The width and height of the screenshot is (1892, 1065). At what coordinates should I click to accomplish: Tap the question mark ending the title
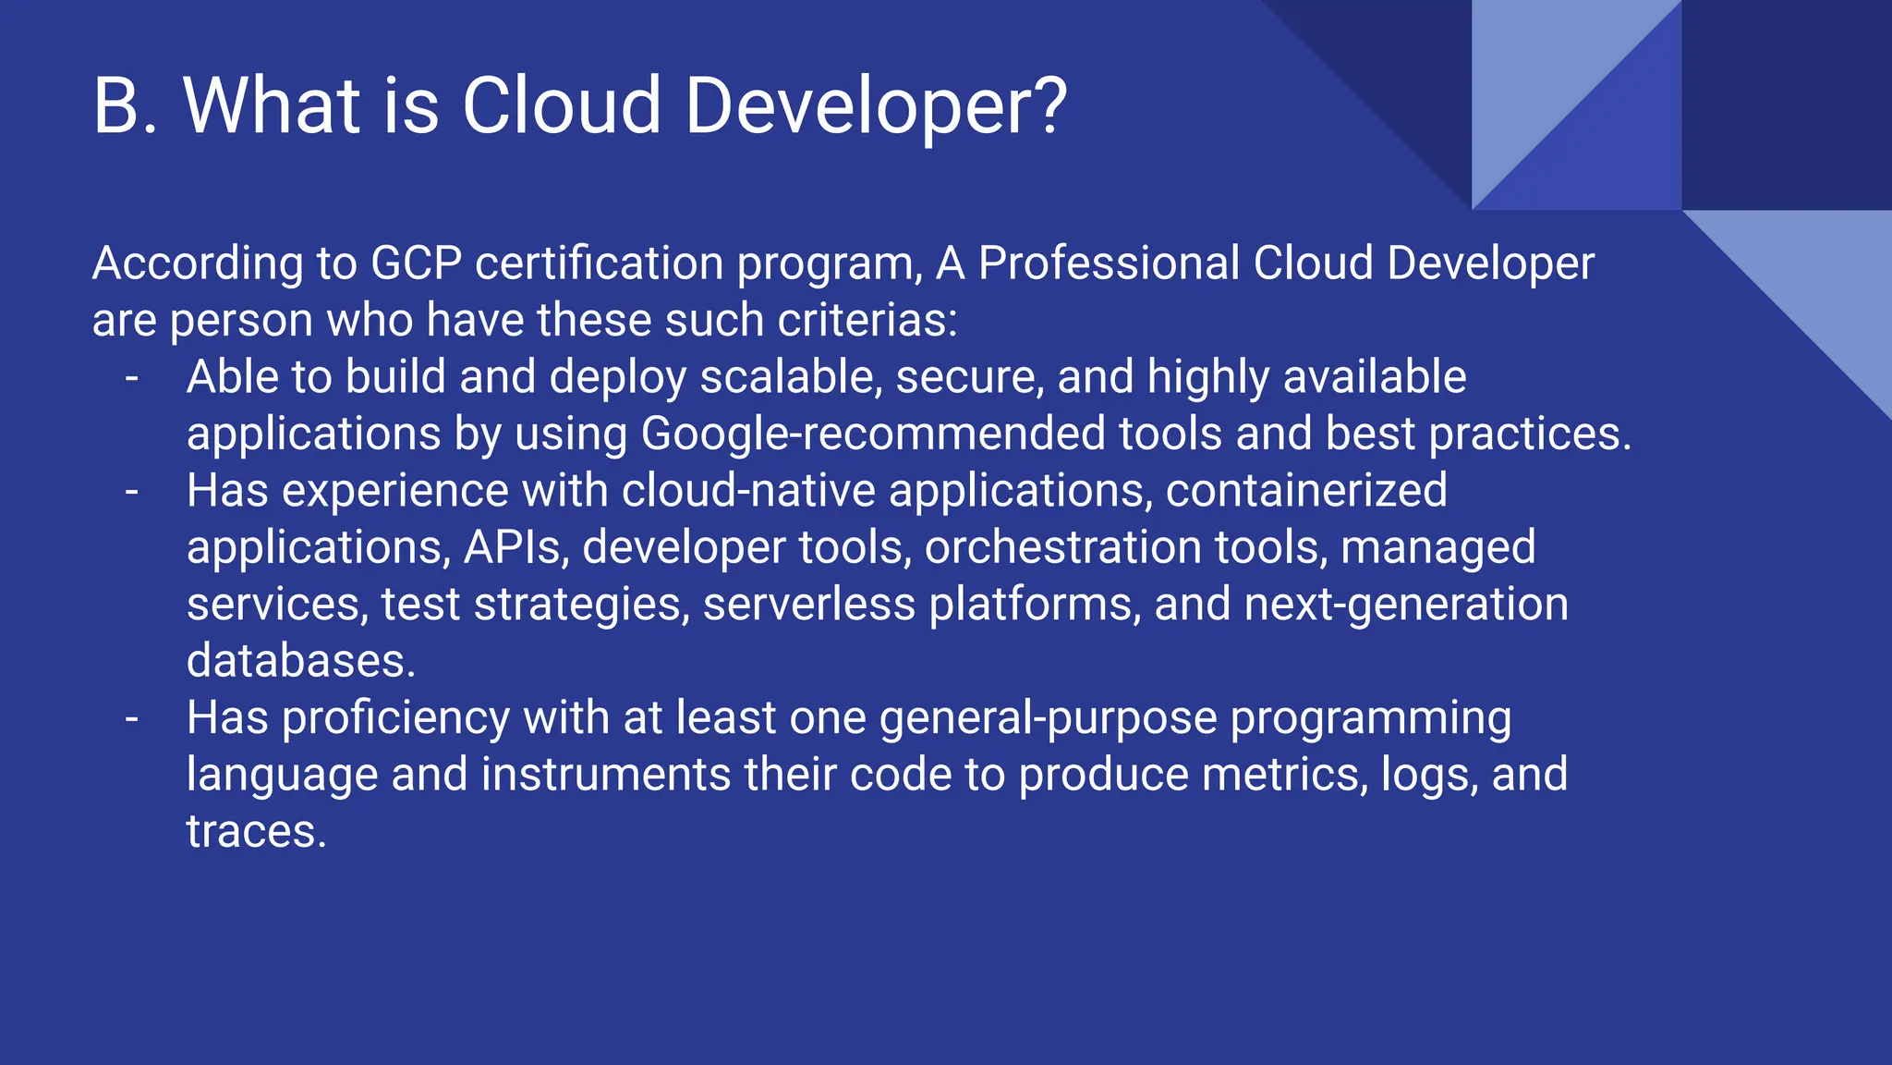click(x=1047, y=105)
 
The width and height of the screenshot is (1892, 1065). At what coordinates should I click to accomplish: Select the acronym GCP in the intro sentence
click(x=416, y=263)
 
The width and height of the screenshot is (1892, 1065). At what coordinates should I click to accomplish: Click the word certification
click(x=599, y=263)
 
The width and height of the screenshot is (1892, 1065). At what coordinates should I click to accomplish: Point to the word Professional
click(x=1109, y=263)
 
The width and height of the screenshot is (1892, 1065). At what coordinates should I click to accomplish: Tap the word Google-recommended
click(x=872, y=435)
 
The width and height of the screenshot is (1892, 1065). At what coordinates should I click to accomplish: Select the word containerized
click(x=1305, y=491)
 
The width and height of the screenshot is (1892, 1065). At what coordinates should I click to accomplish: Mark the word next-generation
click(x=1406, y=605)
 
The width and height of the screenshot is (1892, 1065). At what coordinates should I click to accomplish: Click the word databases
click(x=301, y=661)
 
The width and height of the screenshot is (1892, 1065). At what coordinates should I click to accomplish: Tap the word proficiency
click(x=394, y=718)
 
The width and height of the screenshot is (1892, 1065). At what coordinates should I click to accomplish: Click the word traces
click(x=256, y=832)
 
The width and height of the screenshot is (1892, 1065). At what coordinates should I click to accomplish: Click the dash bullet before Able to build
click(x=132, y=377)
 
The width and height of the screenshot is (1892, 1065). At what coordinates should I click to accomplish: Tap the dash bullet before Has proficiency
click(x=132, y=718)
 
